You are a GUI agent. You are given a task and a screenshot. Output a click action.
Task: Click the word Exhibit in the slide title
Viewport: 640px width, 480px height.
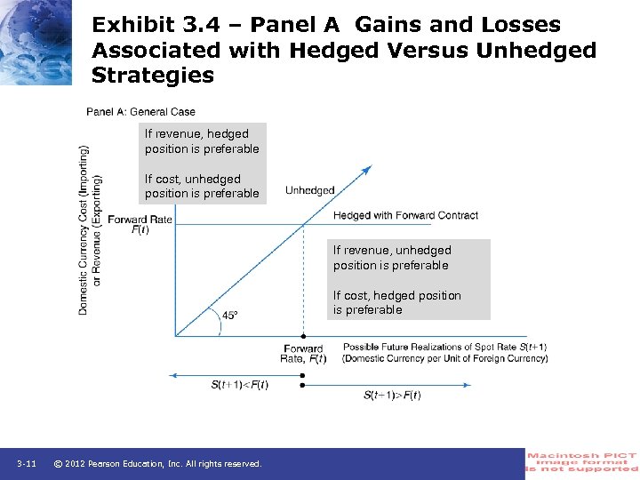(x=134, y=25)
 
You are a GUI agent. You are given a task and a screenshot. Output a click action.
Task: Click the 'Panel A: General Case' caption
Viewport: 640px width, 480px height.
(x=140, y=112)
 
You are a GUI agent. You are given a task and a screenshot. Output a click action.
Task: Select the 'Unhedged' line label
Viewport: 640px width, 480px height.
(x=309, y=190)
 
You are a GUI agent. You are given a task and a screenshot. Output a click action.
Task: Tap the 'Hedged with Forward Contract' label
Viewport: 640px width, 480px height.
(x=405, y=215)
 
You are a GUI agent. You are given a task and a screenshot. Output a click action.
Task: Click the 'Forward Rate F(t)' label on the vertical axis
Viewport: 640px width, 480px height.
(x=140, y=224)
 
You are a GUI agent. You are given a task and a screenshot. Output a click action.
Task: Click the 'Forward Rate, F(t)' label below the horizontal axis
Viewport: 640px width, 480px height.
(x=304, y=354)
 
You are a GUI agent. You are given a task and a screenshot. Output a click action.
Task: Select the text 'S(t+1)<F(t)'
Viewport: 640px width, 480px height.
(x=239, y=384)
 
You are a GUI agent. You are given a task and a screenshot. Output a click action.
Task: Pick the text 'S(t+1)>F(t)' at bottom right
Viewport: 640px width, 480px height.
(x=392, y=395)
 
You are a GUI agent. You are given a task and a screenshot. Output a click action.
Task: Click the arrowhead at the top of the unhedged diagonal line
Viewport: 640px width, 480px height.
(x=366, y=169)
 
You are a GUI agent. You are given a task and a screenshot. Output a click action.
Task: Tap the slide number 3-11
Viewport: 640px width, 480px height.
(x=26, y=464)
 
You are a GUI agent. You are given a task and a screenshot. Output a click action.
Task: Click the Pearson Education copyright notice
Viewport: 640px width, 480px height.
(x=157, y=464)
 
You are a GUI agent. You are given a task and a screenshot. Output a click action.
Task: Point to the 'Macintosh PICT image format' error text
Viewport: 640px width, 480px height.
(x=582, y=463)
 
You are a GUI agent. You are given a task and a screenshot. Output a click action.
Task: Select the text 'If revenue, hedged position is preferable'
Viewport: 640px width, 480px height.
(x=202, y=141)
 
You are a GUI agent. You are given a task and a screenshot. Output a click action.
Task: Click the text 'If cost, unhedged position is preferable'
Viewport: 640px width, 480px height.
(x=202, y=186)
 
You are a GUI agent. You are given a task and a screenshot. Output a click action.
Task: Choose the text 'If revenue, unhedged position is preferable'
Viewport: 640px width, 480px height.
(x=392, y=258)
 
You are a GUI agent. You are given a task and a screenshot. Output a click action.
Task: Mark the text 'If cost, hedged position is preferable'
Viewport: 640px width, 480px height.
(x=397, y=302)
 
